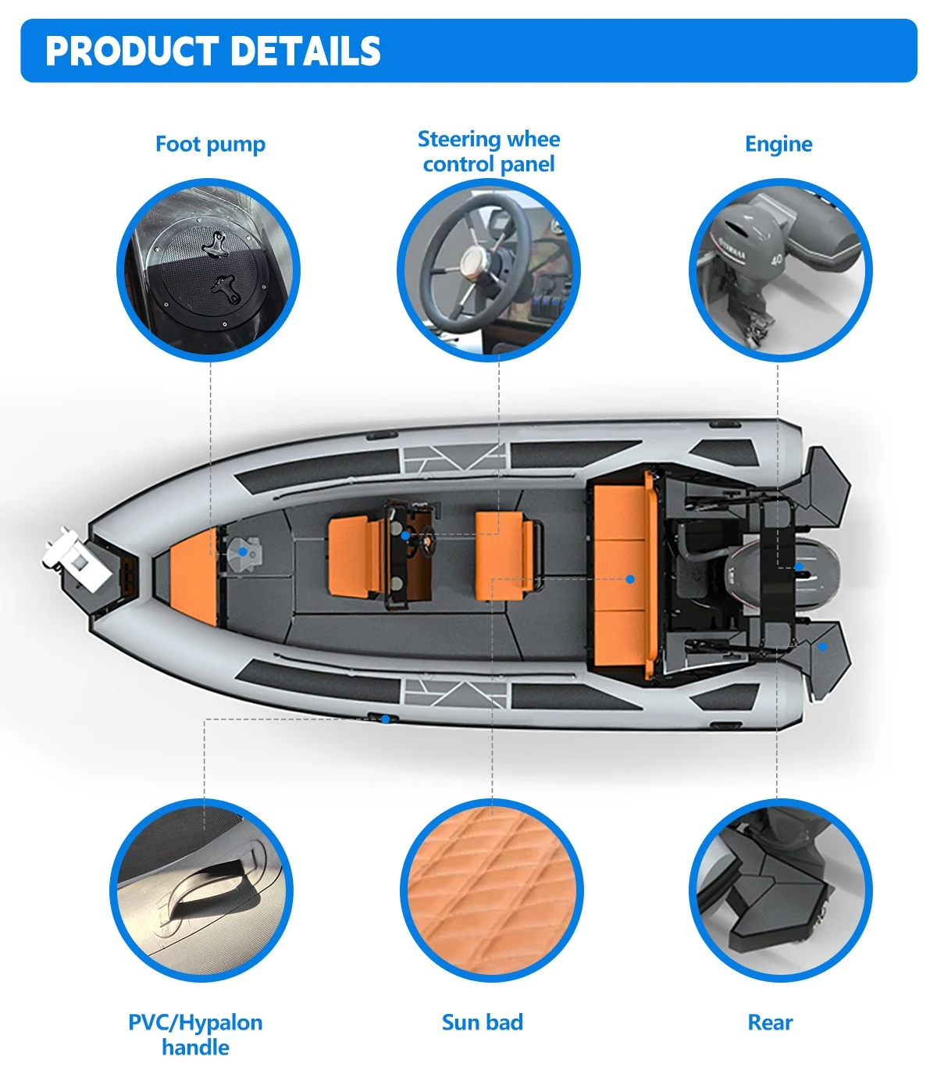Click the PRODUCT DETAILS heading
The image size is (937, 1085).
[x=212, y=51]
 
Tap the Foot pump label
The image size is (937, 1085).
[x=210, y=145]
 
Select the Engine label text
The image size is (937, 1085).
[x=778, y=145]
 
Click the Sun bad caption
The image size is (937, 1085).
[x=482, y=1022]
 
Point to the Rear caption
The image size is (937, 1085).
[x=770, y=1022]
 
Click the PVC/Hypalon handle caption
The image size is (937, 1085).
[x=195, y=1034]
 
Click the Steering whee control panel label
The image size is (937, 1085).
[x=489, y=152]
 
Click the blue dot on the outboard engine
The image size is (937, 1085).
[x=799, y=566]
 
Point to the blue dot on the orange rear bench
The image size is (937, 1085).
[x=631, y=579]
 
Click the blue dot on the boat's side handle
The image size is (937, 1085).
[x=386, y=719]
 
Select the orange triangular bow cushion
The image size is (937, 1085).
[x=194, y=576]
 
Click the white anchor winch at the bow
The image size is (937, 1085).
[x=76, y=561]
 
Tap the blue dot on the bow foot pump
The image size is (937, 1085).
[x=242, y=551]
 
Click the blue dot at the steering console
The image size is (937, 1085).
[x=405, y=535]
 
